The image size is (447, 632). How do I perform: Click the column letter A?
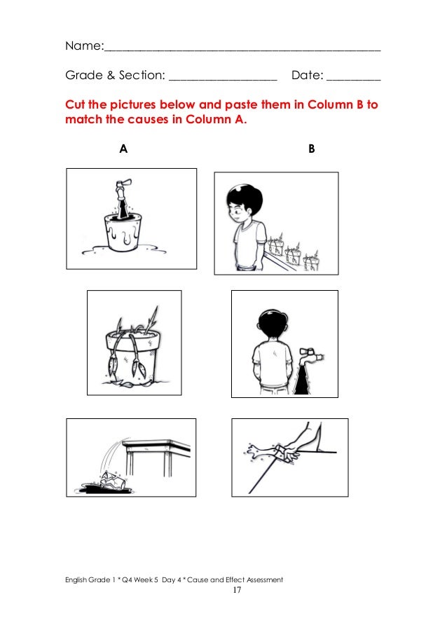123,149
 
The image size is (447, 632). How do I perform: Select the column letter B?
312,149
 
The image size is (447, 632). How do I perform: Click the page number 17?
237,590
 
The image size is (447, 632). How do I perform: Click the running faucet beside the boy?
310,355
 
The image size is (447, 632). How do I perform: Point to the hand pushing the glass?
291,452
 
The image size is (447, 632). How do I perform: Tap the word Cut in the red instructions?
75,104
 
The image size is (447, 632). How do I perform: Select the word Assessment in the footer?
265,579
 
